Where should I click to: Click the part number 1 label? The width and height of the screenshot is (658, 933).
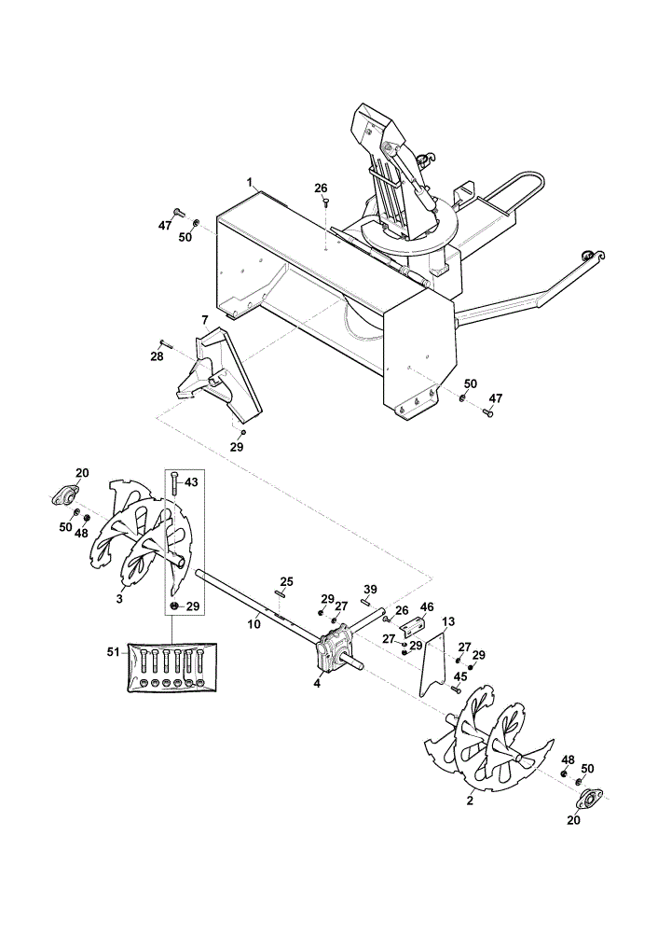pos(250,181)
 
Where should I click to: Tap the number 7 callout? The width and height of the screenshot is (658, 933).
pos(204,320)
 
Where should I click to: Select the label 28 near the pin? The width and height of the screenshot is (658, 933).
pos(156,357)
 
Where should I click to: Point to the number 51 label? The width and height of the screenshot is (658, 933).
pos(113,653)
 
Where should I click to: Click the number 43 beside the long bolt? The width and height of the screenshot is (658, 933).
pos(191,482)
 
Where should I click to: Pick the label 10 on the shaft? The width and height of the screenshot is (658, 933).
pos(254,624)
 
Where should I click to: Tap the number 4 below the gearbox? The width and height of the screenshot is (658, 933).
pos(317,684)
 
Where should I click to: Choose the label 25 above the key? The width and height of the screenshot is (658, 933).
pos(286,580)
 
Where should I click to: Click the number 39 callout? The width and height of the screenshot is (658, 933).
pos(370,589)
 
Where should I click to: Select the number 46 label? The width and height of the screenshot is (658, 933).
pos(427,607)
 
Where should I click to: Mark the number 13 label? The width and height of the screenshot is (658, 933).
pos(448,621)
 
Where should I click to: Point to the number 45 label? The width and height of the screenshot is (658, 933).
pos(460,675)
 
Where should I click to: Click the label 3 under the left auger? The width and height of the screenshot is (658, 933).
pos(119,599)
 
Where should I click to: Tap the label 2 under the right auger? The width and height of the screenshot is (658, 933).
pos(470,801)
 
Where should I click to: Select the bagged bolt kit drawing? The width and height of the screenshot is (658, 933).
pos(172,666)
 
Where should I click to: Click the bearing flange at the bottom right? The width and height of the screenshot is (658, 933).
pos(588,800)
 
